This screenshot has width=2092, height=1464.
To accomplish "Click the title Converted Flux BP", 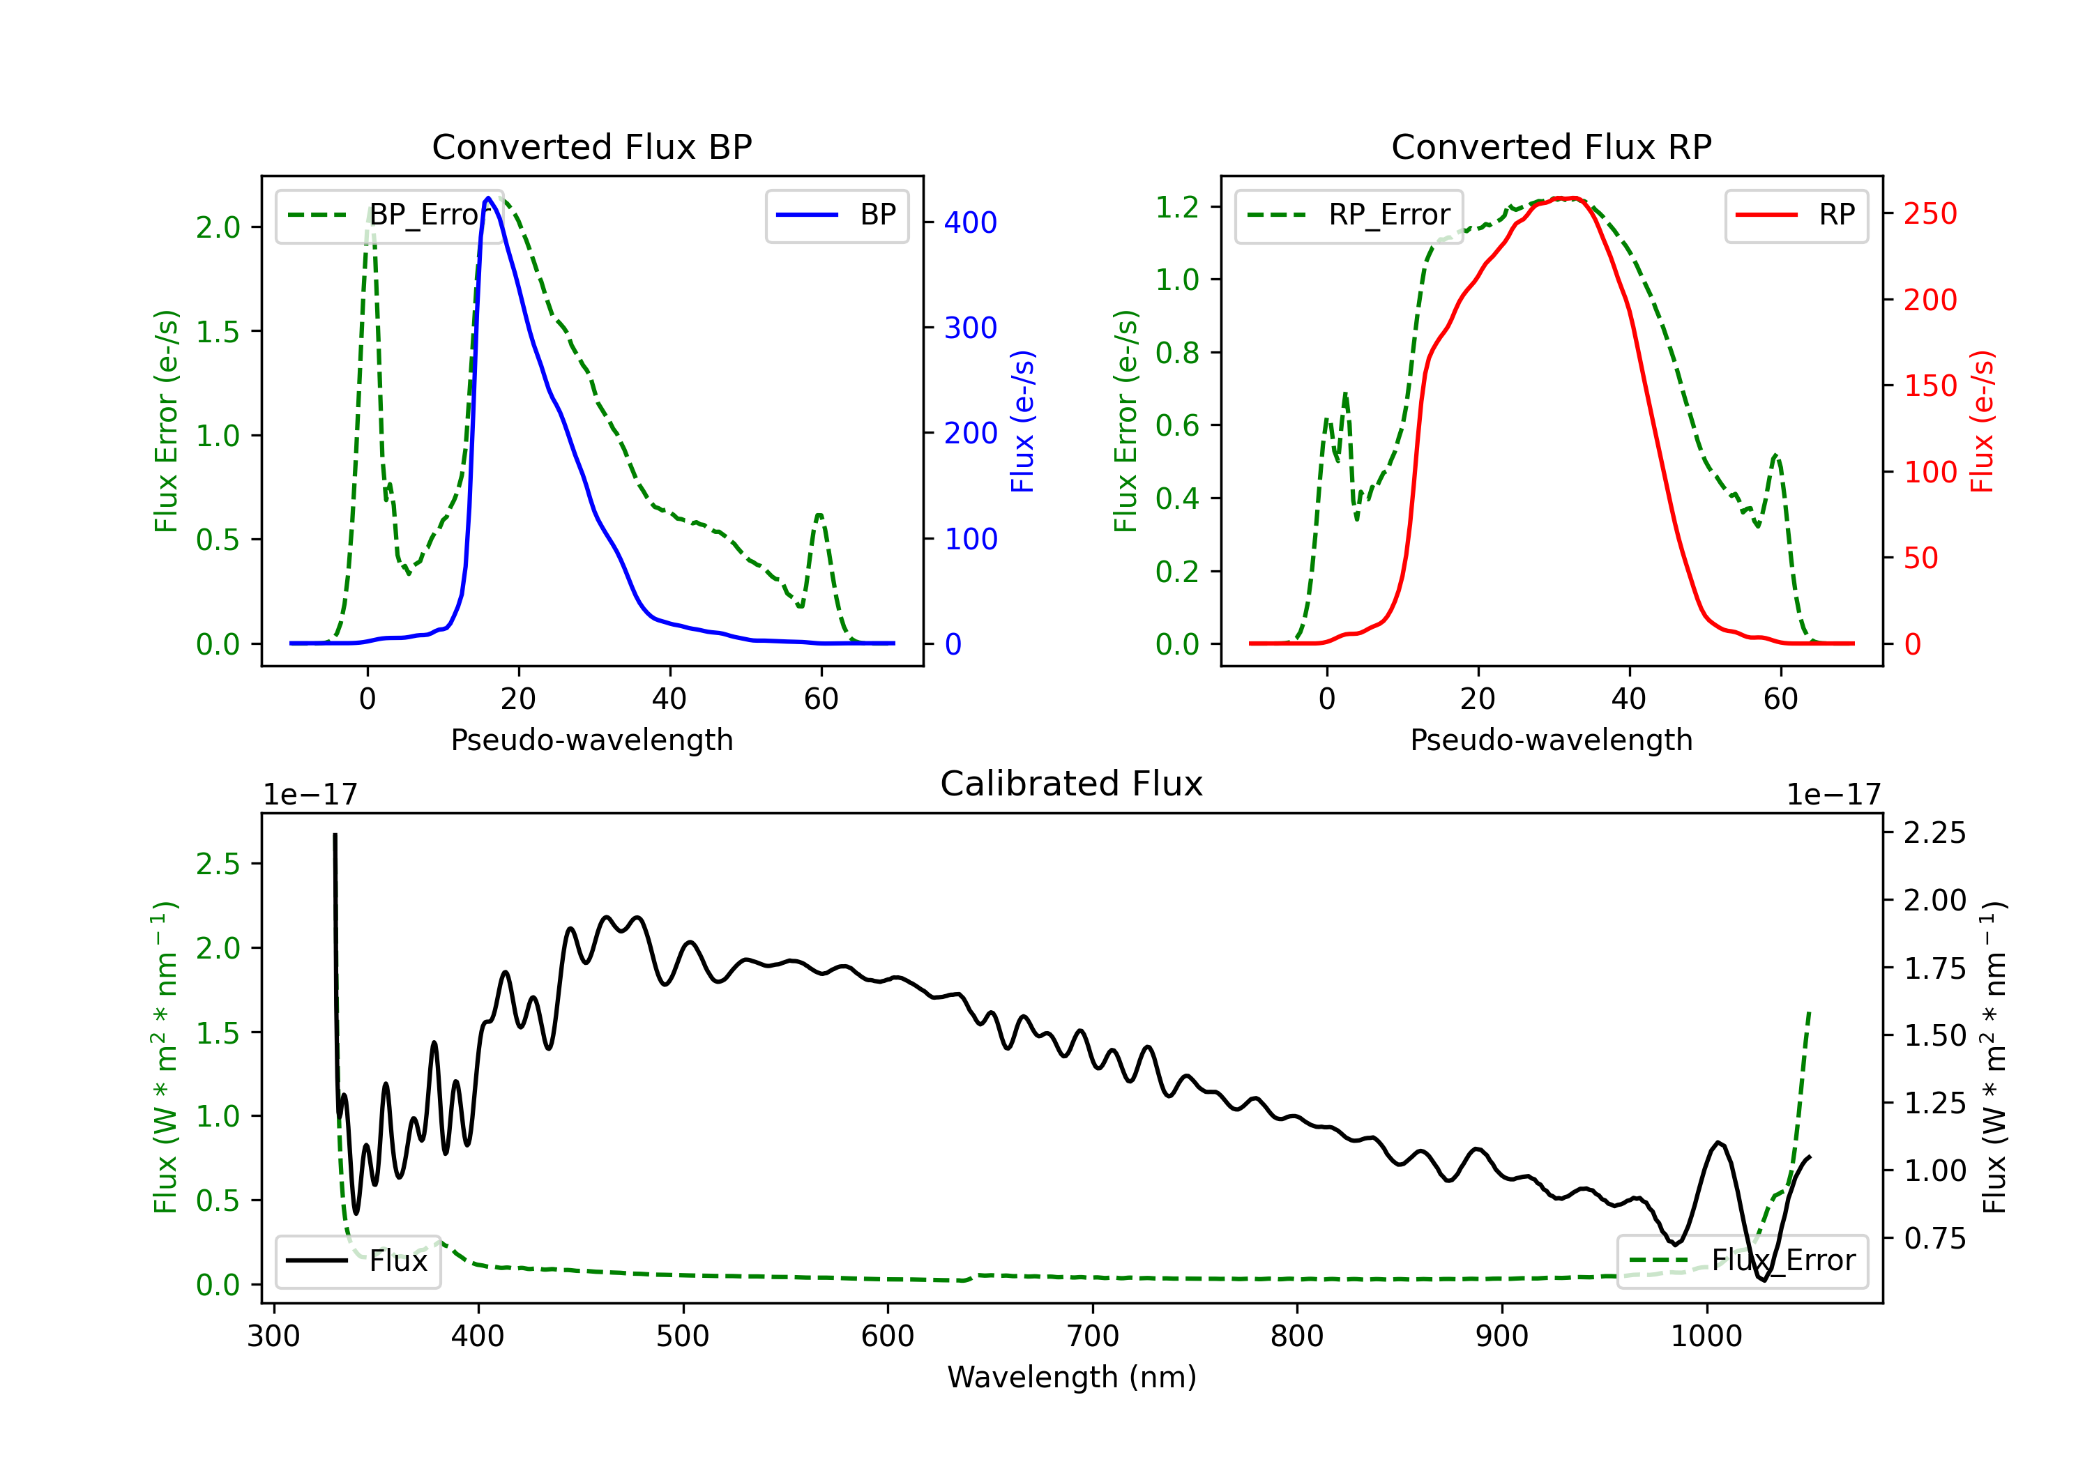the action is [591, 146].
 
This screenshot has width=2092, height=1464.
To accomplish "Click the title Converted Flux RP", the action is [1551, 146].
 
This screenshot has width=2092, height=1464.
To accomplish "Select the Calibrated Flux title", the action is [1072, 784].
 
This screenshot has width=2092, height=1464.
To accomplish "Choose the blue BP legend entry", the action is [836, 215].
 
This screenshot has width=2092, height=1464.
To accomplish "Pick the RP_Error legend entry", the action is [1349, 215].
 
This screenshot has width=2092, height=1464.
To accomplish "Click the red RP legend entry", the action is [1796, 215].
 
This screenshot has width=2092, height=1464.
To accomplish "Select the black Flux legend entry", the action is [357, 1261].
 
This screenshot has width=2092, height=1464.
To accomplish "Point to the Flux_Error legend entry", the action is [1742, 1261].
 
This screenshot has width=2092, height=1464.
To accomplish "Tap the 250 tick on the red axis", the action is [1930, 214].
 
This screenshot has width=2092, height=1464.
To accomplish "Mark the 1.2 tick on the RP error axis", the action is [1177, 207].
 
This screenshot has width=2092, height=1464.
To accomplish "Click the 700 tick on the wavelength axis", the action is [1093, 1336].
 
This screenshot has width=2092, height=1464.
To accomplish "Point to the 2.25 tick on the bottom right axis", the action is [1934, 832].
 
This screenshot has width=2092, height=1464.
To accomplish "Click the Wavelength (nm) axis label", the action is [1072, 1377].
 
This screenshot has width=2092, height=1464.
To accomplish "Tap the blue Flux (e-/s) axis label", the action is [1022, 422].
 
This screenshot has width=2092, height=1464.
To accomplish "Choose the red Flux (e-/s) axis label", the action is [1983, 422].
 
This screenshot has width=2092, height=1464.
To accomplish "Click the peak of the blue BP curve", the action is [488, 198].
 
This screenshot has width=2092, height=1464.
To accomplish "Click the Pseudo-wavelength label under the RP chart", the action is [1551, 740].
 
